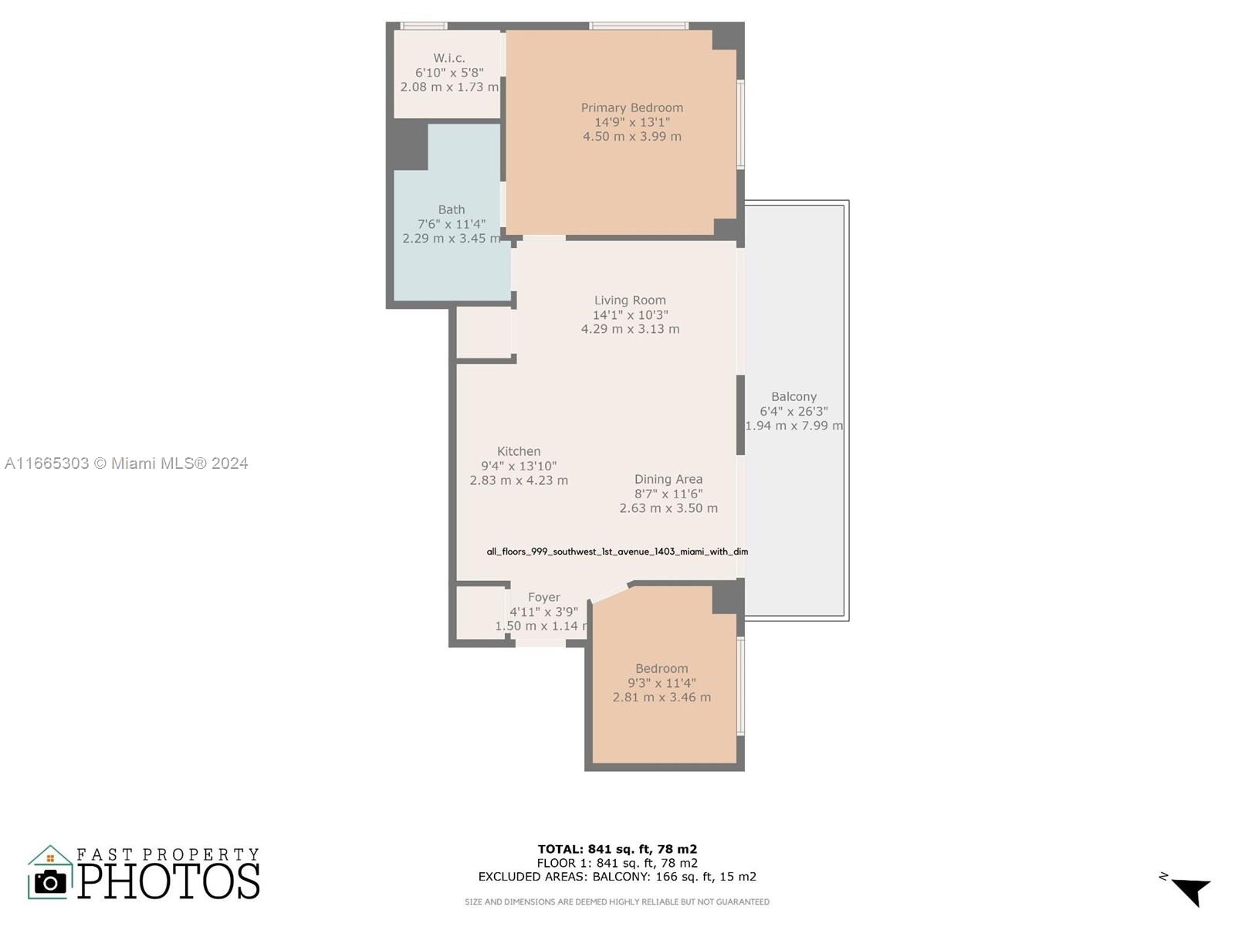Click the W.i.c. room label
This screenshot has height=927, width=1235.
449,58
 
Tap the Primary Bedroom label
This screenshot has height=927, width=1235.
632,107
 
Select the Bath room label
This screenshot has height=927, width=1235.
452,209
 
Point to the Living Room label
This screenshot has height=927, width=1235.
630,301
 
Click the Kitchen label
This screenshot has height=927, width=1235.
519,451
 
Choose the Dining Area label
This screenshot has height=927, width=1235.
668,480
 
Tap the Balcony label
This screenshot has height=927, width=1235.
793,397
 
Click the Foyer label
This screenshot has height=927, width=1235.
544,597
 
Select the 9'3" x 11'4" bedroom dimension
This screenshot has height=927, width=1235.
661,683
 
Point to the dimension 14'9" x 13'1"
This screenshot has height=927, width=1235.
632,122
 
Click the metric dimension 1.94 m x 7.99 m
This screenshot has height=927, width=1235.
794,426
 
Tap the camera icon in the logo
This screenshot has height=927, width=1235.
50,882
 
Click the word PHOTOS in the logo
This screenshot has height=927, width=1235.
168,881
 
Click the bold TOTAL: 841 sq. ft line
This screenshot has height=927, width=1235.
617,849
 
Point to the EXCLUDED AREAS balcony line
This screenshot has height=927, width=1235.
617,876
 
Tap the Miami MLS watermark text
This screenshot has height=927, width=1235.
126,463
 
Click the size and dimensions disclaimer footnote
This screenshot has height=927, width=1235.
617,902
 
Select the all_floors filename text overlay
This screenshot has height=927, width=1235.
617,552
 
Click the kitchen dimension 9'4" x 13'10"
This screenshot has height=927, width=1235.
519,466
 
